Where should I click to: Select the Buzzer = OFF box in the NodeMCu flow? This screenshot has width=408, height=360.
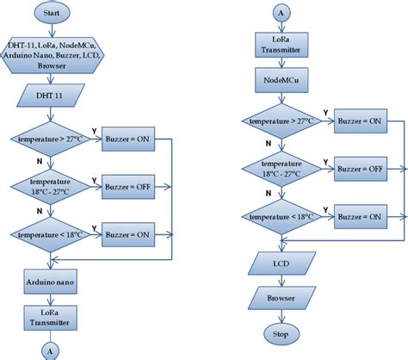pos(360,169)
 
